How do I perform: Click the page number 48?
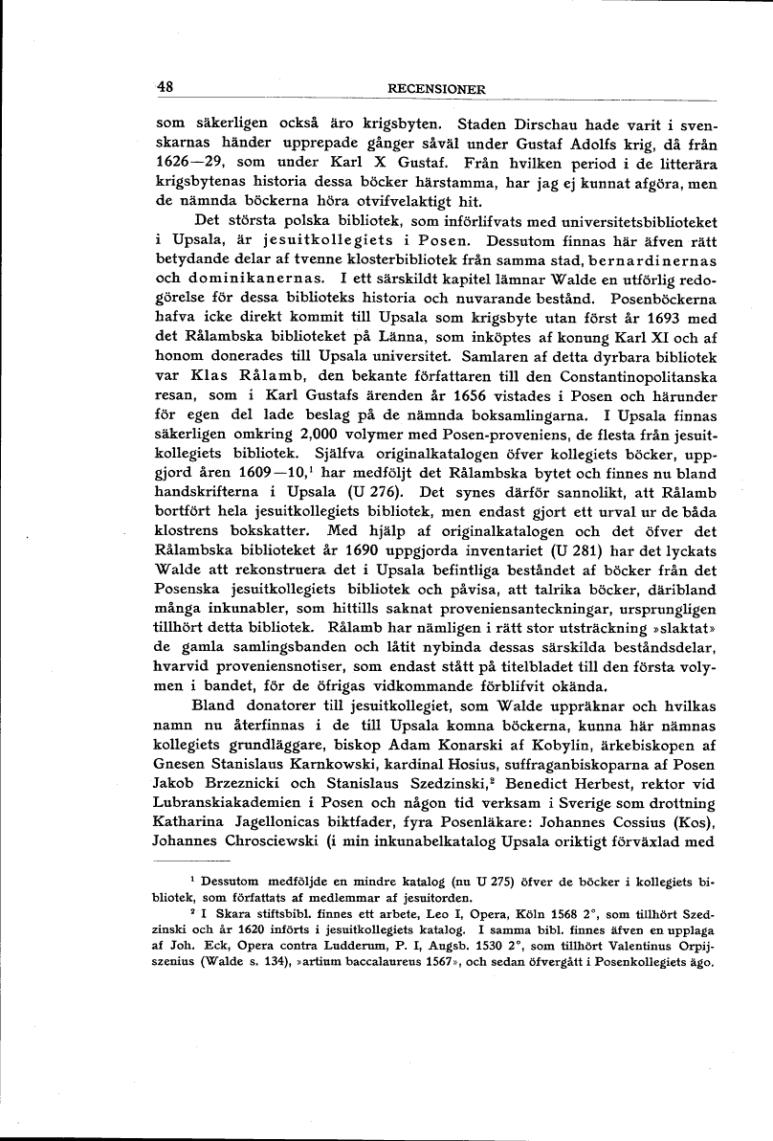pos(164,86)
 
